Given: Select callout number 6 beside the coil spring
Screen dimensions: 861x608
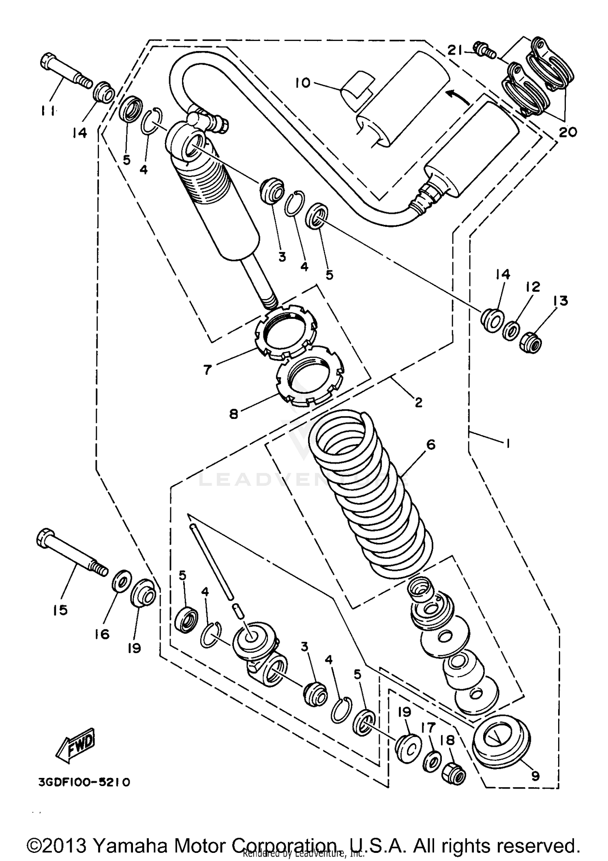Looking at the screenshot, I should (x=431, y=444).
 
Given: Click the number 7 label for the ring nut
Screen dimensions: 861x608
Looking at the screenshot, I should (x=208, y=370).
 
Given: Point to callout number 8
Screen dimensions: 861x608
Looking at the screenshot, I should (x=233, y=414).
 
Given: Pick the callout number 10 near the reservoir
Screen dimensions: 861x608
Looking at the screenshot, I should (x=302, y=83).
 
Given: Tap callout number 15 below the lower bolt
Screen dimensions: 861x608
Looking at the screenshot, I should (x=60, y=610).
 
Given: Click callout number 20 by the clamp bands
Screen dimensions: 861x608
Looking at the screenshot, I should (x=567, y=132).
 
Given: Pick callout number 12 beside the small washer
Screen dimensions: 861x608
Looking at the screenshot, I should (x=533, y=287).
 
